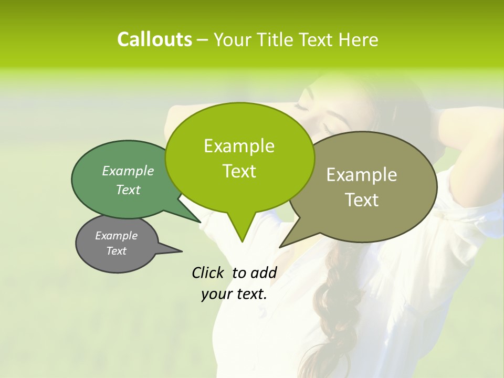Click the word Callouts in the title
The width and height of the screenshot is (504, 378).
pos(154,39)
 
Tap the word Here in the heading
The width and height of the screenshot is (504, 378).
pos(359,39)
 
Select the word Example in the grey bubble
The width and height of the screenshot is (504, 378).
pos(116,236)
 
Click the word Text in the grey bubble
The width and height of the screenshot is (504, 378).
pos(116,251)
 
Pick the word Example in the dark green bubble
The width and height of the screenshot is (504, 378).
pos(128,171)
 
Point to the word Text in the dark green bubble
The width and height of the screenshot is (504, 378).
pos(128,190)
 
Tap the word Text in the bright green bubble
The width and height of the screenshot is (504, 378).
pos(239,171)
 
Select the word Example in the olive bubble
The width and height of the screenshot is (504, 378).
pos(362,174)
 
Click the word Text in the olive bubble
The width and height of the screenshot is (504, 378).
pos(362,199)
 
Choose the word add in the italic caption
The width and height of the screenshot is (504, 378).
pos(264,272)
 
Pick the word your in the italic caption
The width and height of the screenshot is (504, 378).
pos(215,294)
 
